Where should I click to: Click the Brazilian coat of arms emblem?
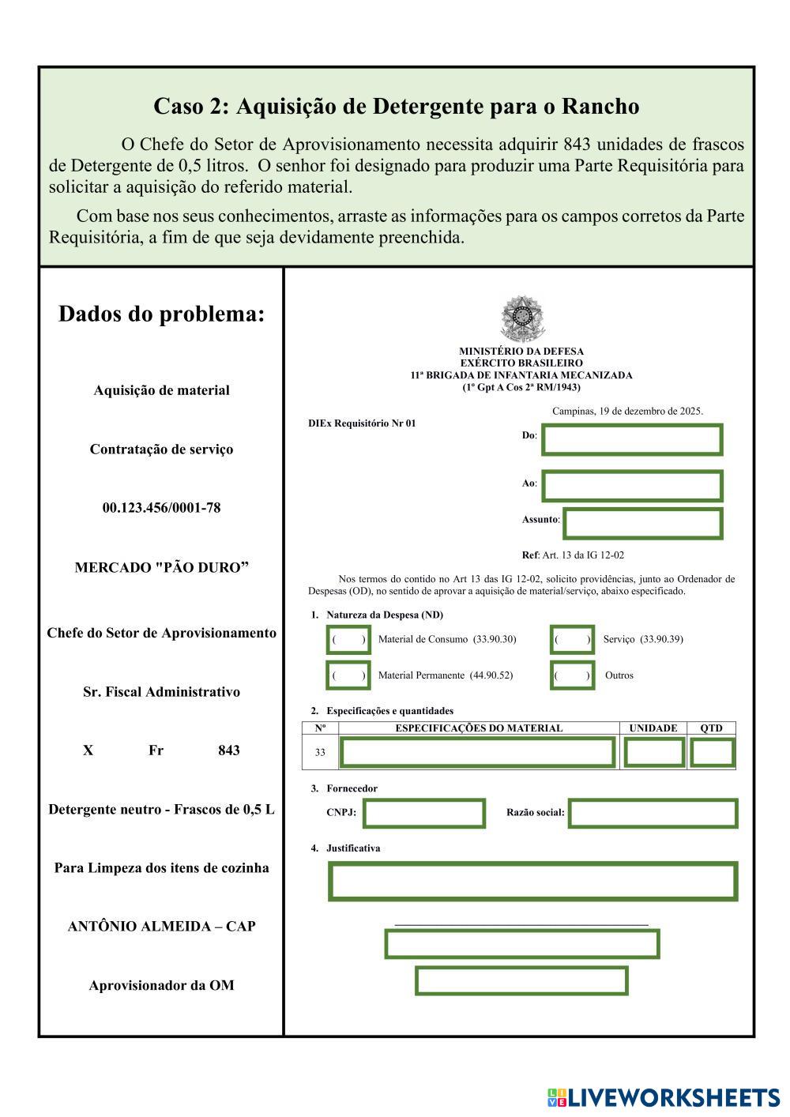click(521, 318)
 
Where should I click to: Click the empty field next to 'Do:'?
click(632, 440)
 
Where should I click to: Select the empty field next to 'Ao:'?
click(632, 486)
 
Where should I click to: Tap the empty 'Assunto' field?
click(642, 523)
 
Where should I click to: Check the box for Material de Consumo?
click(348, 639)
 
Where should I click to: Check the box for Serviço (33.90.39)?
click(572, 639)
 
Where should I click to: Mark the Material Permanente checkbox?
click(348, 675)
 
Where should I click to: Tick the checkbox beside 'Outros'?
click(572, 675)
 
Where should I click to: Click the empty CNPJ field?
click(424, 813)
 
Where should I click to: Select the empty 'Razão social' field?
click(653, 813)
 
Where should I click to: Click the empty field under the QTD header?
click(712, 753)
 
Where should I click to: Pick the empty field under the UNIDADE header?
click(654, 753)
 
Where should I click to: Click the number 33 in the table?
click(320, 753)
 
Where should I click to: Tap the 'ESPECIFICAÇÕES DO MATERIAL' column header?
click(479, 728)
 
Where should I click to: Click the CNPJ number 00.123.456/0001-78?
click(161, 508)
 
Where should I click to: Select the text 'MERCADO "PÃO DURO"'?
click(161, 568)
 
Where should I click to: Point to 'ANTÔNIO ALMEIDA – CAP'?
click(161, 927)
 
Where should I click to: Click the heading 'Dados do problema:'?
click(161, 314)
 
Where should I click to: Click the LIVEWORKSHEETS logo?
click(664, 1097)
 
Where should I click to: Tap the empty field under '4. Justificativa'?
click(533, 882)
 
